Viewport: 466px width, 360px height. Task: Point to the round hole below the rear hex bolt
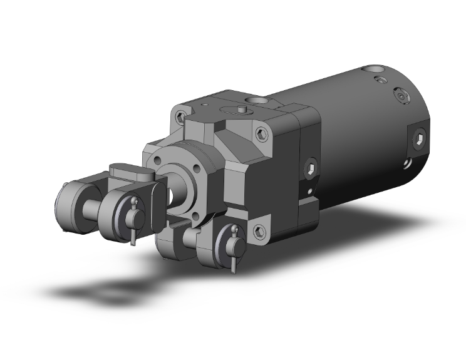pos(408,163)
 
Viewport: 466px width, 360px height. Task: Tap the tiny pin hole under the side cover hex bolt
pos(308,189)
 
